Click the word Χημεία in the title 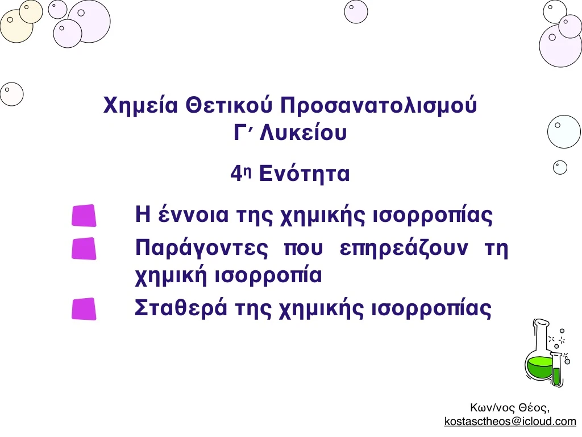[140, 106]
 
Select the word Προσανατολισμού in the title [378, 106]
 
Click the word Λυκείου [304, 132]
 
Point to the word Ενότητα [305, 174]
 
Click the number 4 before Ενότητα [236, 174]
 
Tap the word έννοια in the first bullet [193, 215]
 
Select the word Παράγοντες [202, 249]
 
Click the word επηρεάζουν [404, 249]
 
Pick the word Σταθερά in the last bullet [180, 308]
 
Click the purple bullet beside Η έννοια [84, 216]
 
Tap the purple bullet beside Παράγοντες [84, 249]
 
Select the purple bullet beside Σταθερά [84, 309]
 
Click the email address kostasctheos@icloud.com [510, 421]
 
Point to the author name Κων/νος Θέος [509, 407]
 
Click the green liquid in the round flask [539, 367]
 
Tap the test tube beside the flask [556, 369]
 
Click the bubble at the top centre [356, 11]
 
